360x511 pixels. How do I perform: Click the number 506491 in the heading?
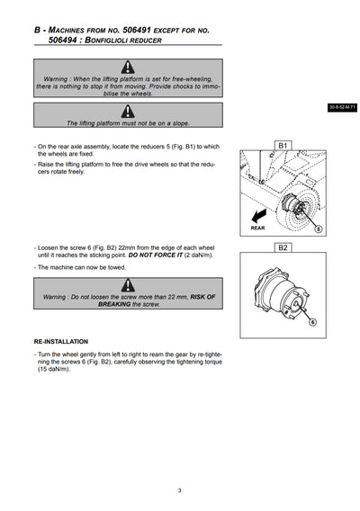tap(137, 30)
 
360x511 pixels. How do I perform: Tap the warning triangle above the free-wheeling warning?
tap(128, 67)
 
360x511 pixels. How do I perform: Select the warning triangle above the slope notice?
tap(128, 112)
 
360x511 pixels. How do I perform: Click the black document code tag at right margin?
tap(342, 107)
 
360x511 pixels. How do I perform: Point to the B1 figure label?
tap(283, 146)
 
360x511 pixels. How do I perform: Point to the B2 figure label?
tap(283, 247)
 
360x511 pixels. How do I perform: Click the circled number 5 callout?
tap(319, 229)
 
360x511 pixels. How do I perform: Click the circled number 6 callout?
tap(312, 322)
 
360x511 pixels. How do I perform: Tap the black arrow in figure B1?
tap(259, 216)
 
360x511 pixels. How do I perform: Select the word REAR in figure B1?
tap(257, 229)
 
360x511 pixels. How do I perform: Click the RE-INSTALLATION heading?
tap(61, 342)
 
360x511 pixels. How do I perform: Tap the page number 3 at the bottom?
tap(179, 490)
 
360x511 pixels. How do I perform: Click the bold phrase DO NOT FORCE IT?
tap(155, 255)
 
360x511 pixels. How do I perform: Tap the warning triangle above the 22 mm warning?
tap(128, 285)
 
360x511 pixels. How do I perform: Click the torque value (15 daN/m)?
tap(54, 369)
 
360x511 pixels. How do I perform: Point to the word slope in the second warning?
tap(181, 123)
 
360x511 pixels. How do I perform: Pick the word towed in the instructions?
tap(117, 267)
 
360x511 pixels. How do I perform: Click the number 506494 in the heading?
tap(63, 40)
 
